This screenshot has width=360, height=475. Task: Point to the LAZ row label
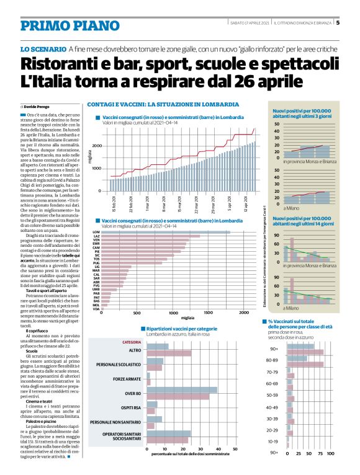click(x=96, y=236)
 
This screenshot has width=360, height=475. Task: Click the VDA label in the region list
click(x=96, y=309)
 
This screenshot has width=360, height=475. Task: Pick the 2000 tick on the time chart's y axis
click(x=97, y=145)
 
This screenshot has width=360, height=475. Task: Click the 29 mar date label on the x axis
click(x=213, y=203)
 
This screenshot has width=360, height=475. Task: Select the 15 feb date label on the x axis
click(x=114, y=203)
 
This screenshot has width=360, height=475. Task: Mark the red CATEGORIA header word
click(x=131, y=342)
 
